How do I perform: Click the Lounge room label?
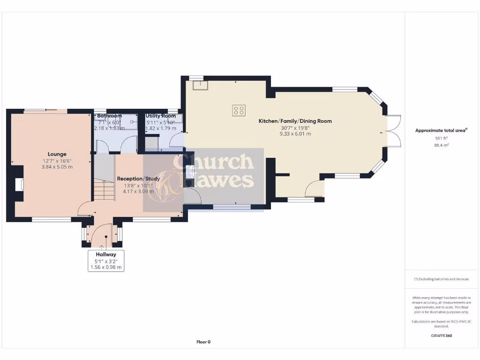tap(57, 154)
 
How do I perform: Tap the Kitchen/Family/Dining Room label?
tap(295, 121)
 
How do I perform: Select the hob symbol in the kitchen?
tap(239, 110)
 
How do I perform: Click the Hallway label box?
tap(106, 261)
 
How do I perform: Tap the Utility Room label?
tap(161, 116)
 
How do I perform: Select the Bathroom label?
tap(109, 116)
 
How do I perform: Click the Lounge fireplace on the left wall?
tap(18, 184)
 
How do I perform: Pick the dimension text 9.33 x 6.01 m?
tap(295, 134)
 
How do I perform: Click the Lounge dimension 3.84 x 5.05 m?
tap(57, 166)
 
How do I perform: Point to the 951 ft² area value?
tap(441, 138)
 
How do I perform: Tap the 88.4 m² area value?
tap(441, 145)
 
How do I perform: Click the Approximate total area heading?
tap(441, 130)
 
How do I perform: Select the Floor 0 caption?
tap(203, 342)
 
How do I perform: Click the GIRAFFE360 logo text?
tap(441, 336)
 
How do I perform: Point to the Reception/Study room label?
tap(138, 179)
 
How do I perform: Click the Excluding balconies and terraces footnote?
tap(441, 279)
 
